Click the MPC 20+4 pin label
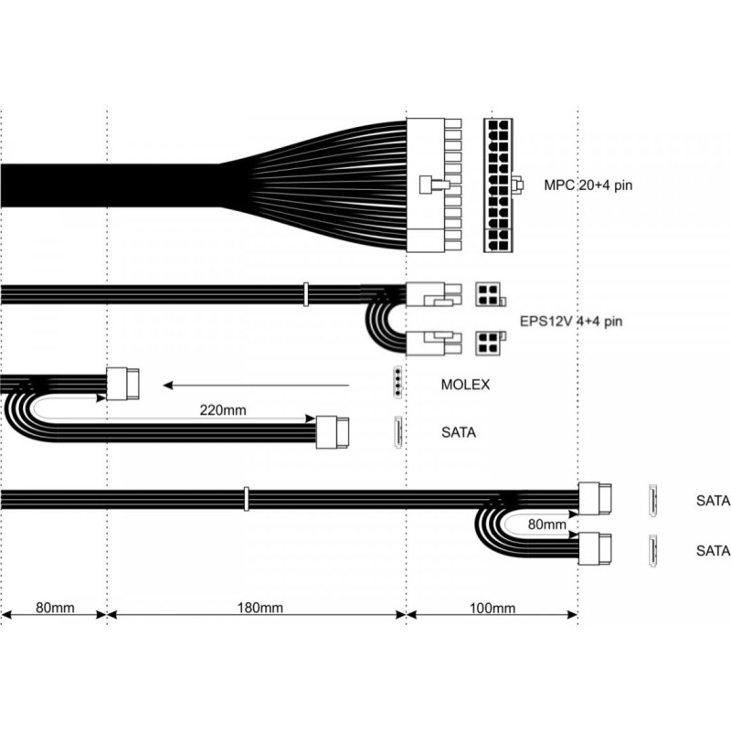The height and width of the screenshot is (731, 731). click(x=588, y=185)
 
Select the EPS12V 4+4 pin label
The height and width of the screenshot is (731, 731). click(x=571, y=322)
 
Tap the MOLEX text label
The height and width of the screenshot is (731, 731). click(x=465, y=385)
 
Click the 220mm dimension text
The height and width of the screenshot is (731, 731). click(x=223, y=410)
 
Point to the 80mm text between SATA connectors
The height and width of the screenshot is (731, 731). click(x=546, y=524)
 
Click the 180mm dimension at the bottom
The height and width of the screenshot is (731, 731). click(x=260, y=608)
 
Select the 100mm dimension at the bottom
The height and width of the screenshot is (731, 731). click(x=493, y=608)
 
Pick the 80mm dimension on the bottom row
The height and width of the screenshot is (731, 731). click(x=55, y=608)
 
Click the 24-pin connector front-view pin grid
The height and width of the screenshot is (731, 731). click(x=498, y=185)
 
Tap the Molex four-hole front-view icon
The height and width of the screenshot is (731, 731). click(x=397, y=382)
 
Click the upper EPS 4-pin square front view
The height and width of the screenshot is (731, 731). click(x=488, y=294)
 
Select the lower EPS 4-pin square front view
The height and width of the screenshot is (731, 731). click(x=488, y=344)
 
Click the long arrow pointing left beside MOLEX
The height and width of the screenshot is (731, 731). click(x=257, y=386)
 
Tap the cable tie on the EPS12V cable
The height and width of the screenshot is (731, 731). click(x=306, y=294)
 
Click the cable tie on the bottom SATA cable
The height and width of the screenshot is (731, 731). click(x=247, y=499)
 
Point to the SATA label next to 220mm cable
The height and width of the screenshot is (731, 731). click(x=459, y=432)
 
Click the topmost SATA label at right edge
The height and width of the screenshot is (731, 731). click(x=713, y=501)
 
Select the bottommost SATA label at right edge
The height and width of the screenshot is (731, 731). click(x=713, y=551)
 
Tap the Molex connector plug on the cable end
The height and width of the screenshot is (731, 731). click(x=122, y=384)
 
